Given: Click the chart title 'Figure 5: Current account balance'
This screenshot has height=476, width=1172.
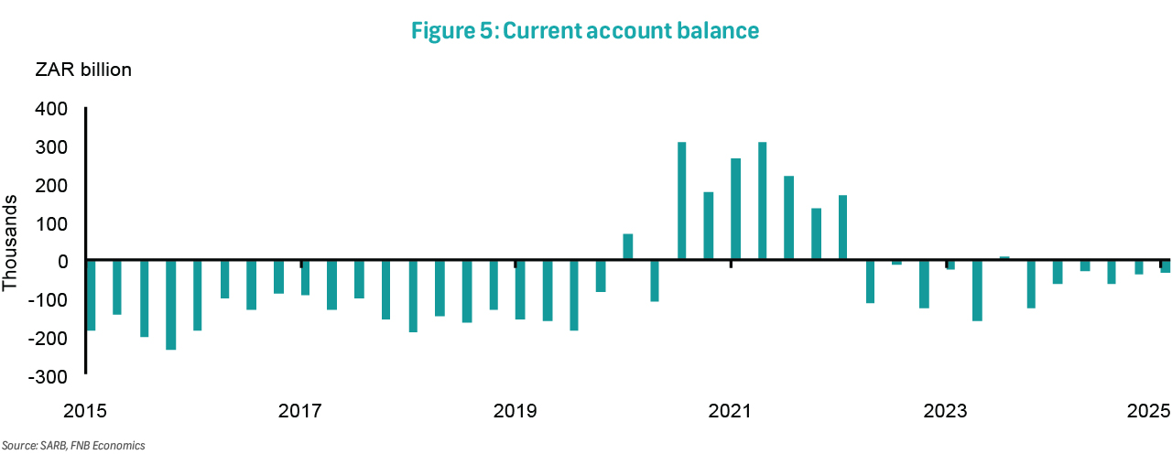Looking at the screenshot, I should click(586, 30).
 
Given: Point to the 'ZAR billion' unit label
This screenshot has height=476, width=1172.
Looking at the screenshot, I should click(83, 70).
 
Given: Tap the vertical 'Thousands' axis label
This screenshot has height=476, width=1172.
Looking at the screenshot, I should click(11, 242).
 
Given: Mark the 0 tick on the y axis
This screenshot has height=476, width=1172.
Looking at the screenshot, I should click(60, 262).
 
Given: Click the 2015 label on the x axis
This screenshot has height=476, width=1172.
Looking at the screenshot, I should click(85, 410).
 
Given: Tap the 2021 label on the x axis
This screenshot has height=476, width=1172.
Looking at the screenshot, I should click(731, 410).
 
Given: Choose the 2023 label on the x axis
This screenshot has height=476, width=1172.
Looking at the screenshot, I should click(946, 410).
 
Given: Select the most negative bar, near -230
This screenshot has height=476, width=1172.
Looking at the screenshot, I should click(170, 305).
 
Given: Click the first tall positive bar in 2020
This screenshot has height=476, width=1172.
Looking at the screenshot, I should click(681, 201).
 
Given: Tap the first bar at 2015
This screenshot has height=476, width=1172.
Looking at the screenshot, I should click(91, 296).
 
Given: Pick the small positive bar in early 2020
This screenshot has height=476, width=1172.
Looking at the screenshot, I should click(627, 247).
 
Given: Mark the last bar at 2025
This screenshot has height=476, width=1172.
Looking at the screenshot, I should click(1165, 266).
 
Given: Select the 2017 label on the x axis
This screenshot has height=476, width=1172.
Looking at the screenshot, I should click(300, 410).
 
